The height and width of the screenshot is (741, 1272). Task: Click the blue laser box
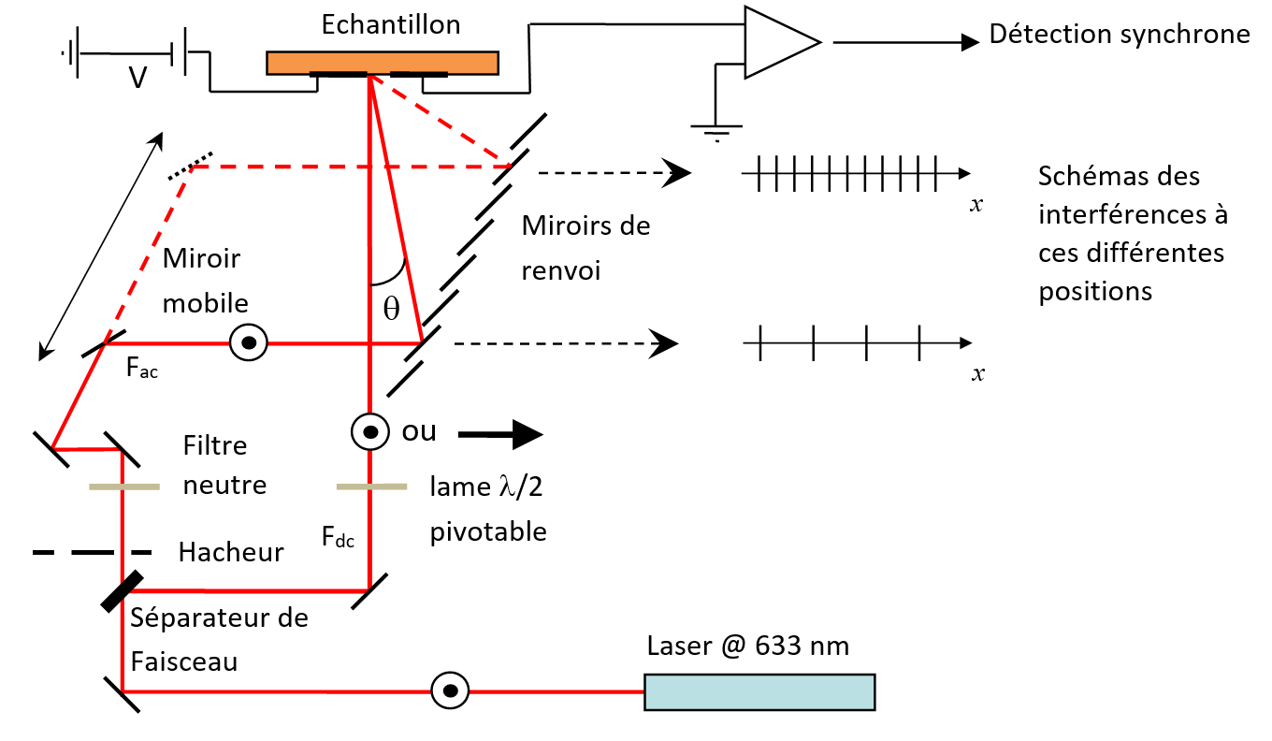tap(760, 691)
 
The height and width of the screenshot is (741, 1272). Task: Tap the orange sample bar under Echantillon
tap(382, 61)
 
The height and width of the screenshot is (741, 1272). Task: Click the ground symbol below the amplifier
tap(715, 132)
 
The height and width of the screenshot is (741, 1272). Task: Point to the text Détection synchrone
tap(1120, 35)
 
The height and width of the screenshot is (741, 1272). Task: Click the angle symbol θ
tap(391, 309)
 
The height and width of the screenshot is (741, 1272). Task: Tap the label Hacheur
tap(231, 552)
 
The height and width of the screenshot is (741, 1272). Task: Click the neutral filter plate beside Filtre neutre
tap(123, 487)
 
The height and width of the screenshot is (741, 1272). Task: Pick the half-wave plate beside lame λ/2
tap(371, 487)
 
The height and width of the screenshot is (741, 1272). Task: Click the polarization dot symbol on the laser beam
tap(450, 691)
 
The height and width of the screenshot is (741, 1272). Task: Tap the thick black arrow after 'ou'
tap(500, 433)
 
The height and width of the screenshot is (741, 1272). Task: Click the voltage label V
tap(137, 78)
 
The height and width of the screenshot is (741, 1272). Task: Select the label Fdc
tap(338, 538)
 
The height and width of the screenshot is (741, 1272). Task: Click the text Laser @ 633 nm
tap(748, 646)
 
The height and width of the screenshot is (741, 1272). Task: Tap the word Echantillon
tap(391, 25)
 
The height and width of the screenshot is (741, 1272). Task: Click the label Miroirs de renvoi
tap(585, 247)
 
